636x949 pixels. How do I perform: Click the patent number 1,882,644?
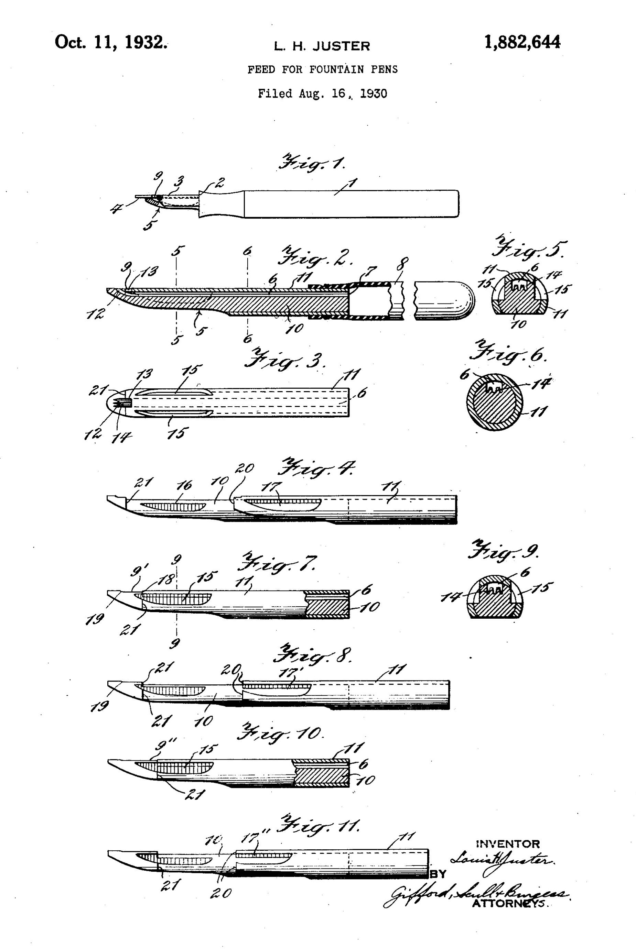click(x=522, y=42)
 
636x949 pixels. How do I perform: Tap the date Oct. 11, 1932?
click(x=111, y=42)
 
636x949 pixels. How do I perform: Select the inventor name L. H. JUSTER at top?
click(x=322, y=46)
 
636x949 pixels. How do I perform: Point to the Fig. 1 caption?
click(x=312, y=164)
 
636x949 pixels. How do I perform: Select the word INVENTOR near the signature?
click(x=507, y=845)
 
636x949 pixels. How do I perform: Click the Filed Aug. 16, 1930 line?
click(x=322, y=94)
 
